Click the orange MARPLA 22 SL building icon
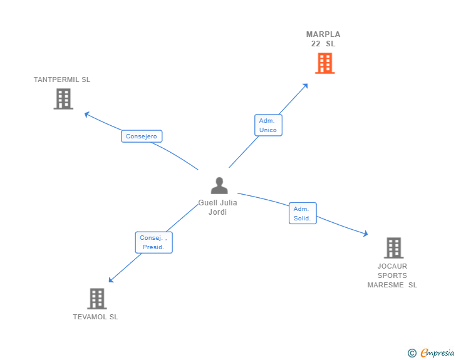point(325,63)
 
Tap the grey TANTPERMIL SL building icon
point(63,99)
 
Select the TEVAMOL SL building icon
point(97,299)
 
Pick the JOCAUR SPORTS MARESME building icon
point(394,248)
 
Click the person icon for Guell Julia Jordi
point(219,185)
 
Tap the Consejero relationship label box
point(142,136)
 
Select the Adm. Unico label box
point(268,125)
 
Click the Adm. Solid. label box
point(303,213)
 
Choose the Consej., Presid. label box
point(153,242)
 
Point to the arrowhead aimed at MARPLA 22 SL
point(306,86)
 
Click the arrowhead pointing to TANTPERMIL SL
point(86,115)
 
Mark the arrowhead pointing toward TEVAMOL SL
point(111,280)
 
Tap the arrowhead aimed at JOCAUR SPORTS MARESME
point(366,233)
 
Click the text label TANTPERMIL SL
point(62,80)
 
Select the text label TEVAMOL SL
point(95,317)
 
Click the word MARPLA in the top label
point(323,34)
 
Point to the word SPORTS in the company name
point(392,275)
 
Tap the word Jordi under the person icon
point(217,212)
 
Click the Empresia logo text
point(437,352)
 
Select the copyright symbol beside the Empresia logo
point(412,353)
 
